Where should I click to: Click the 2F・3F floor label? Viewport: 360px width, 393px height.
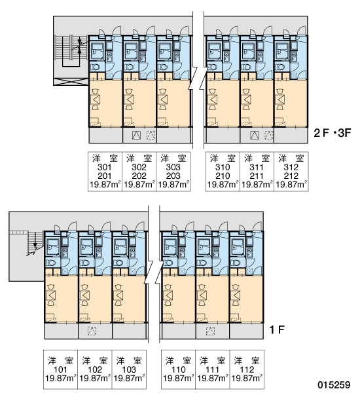(333, 133)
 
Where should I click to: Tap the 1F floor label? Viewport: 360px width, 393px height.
(277, 329)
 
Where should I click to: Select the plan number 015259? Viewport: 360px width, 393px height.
(334, 384)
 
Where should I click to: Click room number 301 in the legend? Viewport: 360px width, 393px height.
(105, 167)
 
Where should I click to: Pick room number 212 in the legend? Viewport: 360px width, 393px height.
(291, 176)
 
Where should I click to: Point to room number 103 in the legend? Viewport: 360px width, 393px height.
(129, 369)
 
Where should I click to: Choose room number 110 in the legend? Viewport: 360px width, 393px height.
(178, 369)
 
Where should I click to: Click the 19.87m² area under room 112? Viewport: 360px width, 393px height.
(247, 378)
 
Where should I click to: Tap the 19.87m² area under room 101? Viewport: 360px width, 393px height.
(61, 378)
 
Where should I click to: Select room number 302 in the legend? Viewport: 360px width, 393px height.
(139, 167)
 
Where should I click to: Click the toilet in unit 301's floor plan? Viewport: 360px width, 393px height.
(95, 67)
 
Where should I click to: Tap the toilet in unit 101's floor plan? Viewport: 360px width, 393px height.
(51, 263)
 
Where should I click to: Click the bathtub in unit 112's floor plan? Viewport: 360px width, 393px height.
(238, 247)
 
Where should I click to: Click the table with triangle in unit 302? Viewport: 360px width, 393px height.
(129, 100)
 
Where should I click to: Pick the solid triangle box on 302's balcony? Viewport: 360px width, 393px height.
(137, 136)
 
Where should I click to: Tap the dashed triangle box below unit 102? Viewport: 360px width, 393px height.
(92, 331)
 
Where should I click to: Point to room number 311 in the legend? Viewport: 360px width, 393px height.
(257, 167)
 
